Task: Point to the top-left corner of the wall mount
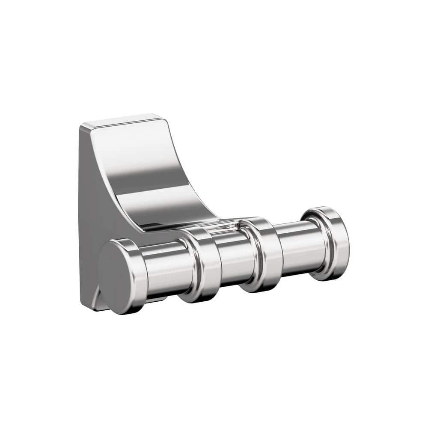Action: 81,125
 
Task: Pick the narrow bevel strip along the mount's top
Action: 120,120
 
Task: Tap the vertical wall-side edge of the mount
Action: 80,214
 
